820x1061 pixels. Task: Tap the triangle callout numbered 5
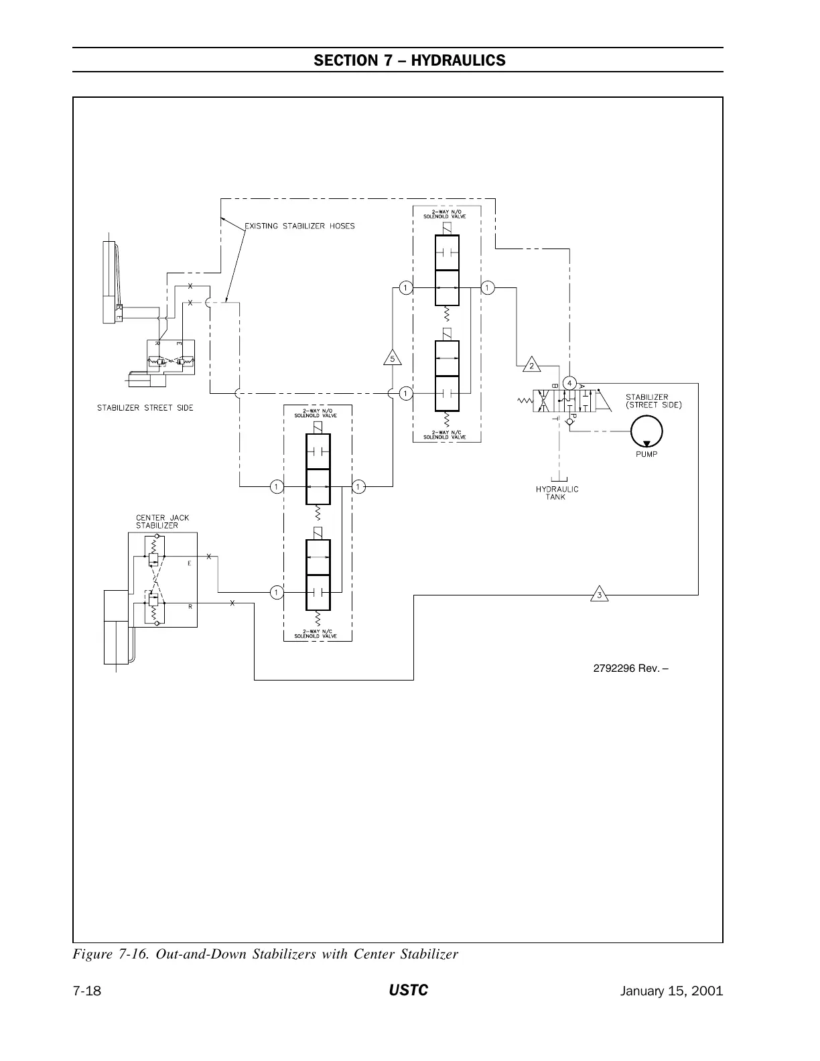click(393, 358)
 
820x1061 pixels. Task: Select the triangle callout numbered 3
click(600, 594)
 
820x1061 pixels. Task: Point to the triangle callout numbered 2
click(531, 365)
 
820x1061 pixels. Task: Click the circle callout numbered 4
click(569, 383)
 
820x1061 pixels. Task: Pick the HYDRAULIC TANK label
click(557, 493)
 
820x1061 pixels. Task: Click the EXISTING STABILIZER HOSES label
click(299, 226)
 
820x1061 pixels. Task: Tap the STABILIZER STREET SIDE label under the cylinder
click(145, 408)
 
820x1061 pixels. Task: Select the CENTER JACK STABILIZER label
click(157, 522)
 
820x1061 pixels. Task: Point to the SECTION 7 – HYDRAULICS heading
click(409, 60)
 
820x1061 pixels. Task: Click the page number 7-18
click(87, 991)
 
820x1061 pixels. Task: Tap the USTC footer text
click(409, 991)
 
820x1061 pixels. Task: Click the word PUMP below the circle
click(646, 454)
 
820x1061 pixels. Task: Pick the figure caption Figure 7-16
click(265, 954)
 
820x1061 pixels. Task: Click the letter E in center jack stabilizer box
click(190, 563)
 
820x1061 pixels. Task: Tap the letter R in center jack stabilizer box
click(190, 606)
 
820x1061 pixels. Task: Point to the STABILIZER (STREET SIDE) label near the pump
click(654, 401)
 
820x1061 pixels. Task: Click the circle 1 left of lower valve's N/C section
click(275, 592)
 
